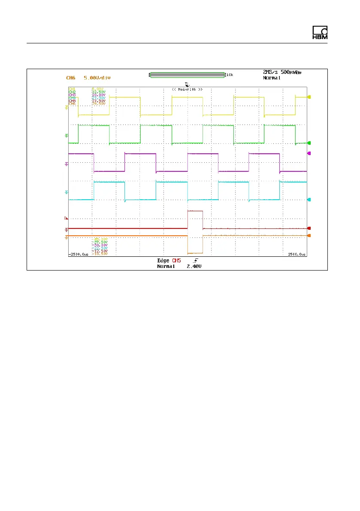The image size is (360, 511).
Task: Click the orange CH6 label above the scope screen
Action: click(70, 78)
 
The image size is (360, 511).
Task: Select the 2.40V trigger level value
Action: click(194, 266)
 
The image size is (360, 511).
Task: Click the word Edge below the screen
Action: click(163, 261)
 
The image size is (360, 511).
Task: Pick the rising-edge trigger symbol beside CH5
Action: click(196, 261)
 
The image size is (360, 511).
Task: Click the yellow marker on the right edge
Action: click(309, 97)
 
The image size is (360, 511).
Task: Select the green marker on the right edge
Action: click(309, 143)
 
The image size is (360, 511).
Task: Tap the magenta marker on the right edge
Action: click(309, 153)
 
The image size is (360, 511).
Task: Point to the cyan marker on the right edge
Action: click(309, 200)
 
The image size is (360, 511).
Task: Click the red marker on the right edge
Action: click(309, 228)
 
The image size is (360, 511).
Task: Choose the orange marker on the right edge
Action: click(309, 236)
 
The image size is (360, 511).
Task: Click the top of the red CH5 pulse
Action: click(195, 211)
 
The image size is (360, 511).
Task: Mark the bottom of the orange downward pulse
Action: click(195, 253)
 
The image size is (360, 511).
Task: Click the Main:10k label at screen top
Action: click(187, 89)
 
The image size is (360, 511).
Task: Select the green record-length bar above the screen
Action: click(187, 75)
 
